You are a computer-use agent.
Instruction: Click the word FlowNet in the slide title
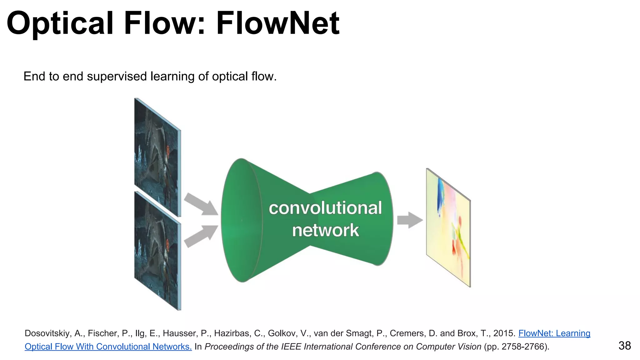coord(277,23)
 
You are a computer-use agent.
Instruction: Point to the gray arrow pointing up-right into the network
coord(200,236)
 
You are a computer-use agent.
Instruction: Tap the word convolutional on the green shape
coord(325,208)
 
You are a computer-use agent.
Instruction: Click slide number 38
coord(624,346)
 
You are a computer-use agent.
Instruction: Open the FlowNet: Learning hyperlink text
coord(554,333)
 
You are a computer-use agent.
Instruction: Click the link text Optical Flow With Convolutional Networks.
coord(108,347)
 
